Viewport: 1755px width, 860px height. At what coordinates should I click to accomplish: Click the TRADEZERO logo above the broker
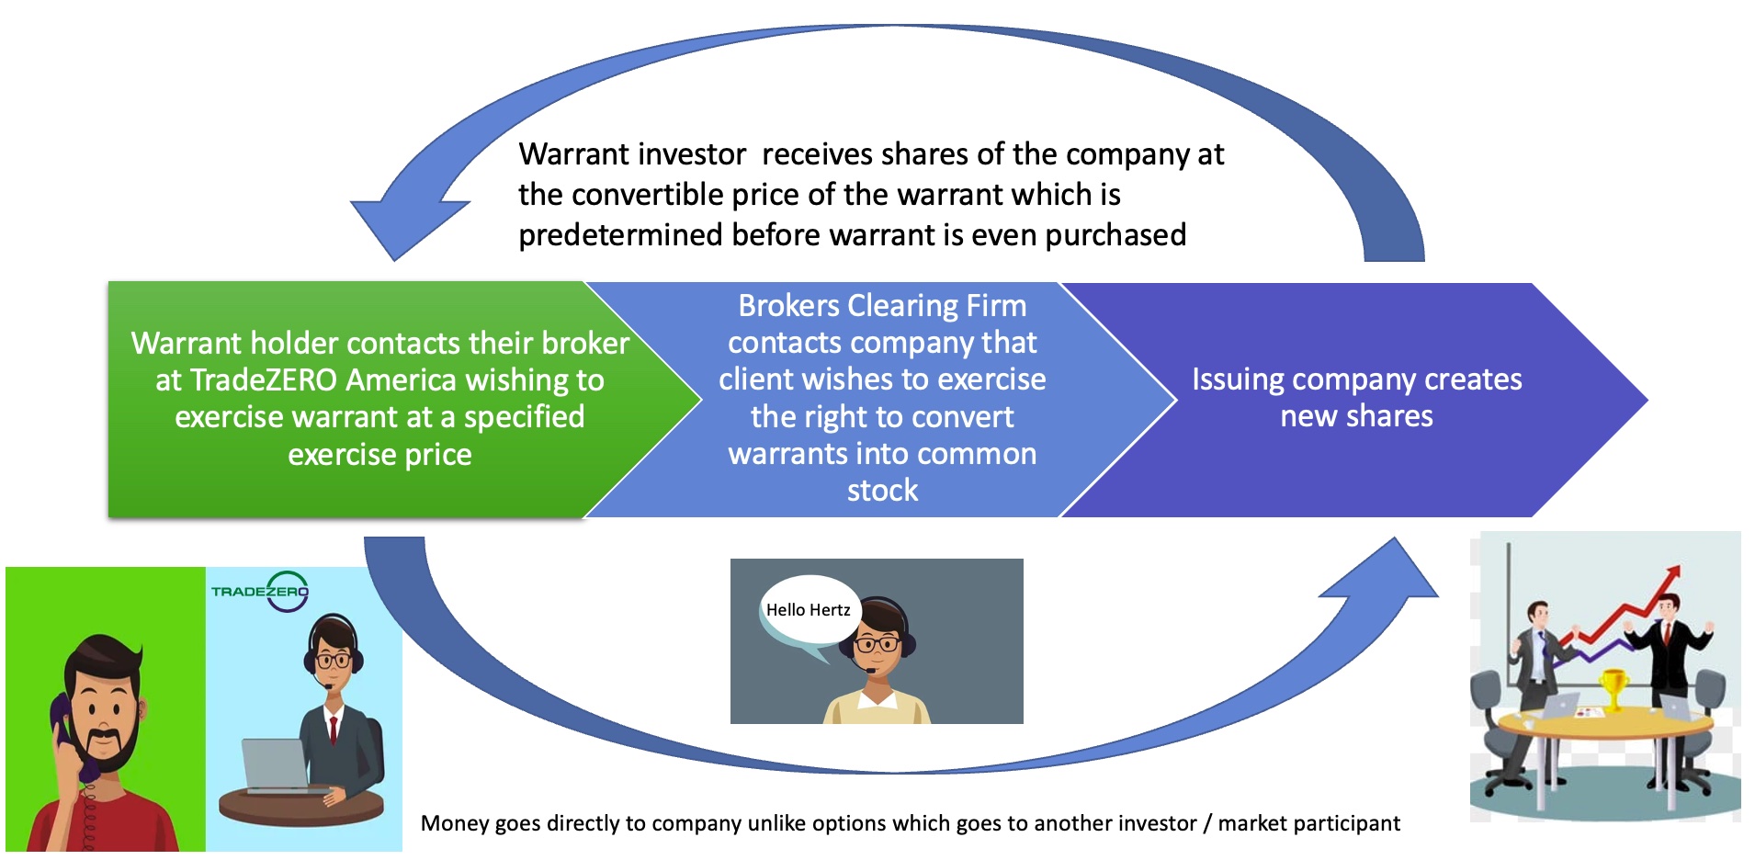tap(260, 591)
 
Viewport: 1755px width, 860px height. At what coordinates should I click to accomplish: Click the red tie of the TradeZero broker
tap(334, 730)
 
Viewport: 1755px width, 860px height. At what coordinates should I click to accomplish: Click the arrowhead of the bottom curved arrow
tap(1383, 570)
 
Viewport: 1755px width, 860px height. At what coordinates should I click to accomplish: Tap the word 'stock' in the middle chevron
tap(882, 491)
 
